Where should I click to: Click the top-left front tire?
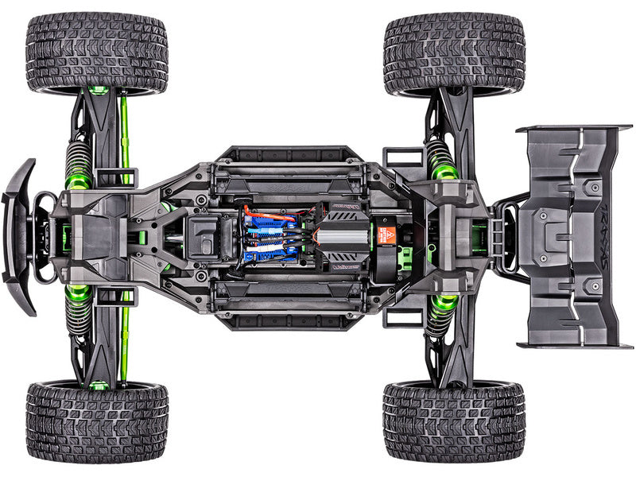click(x=96, y=52)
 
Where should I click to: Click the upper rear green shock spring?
click(x=441, y=159)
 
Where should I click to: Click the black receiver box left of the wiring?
click(x=207, y=236)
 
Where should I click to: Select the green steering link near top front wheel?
click(x=124, y=135)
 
